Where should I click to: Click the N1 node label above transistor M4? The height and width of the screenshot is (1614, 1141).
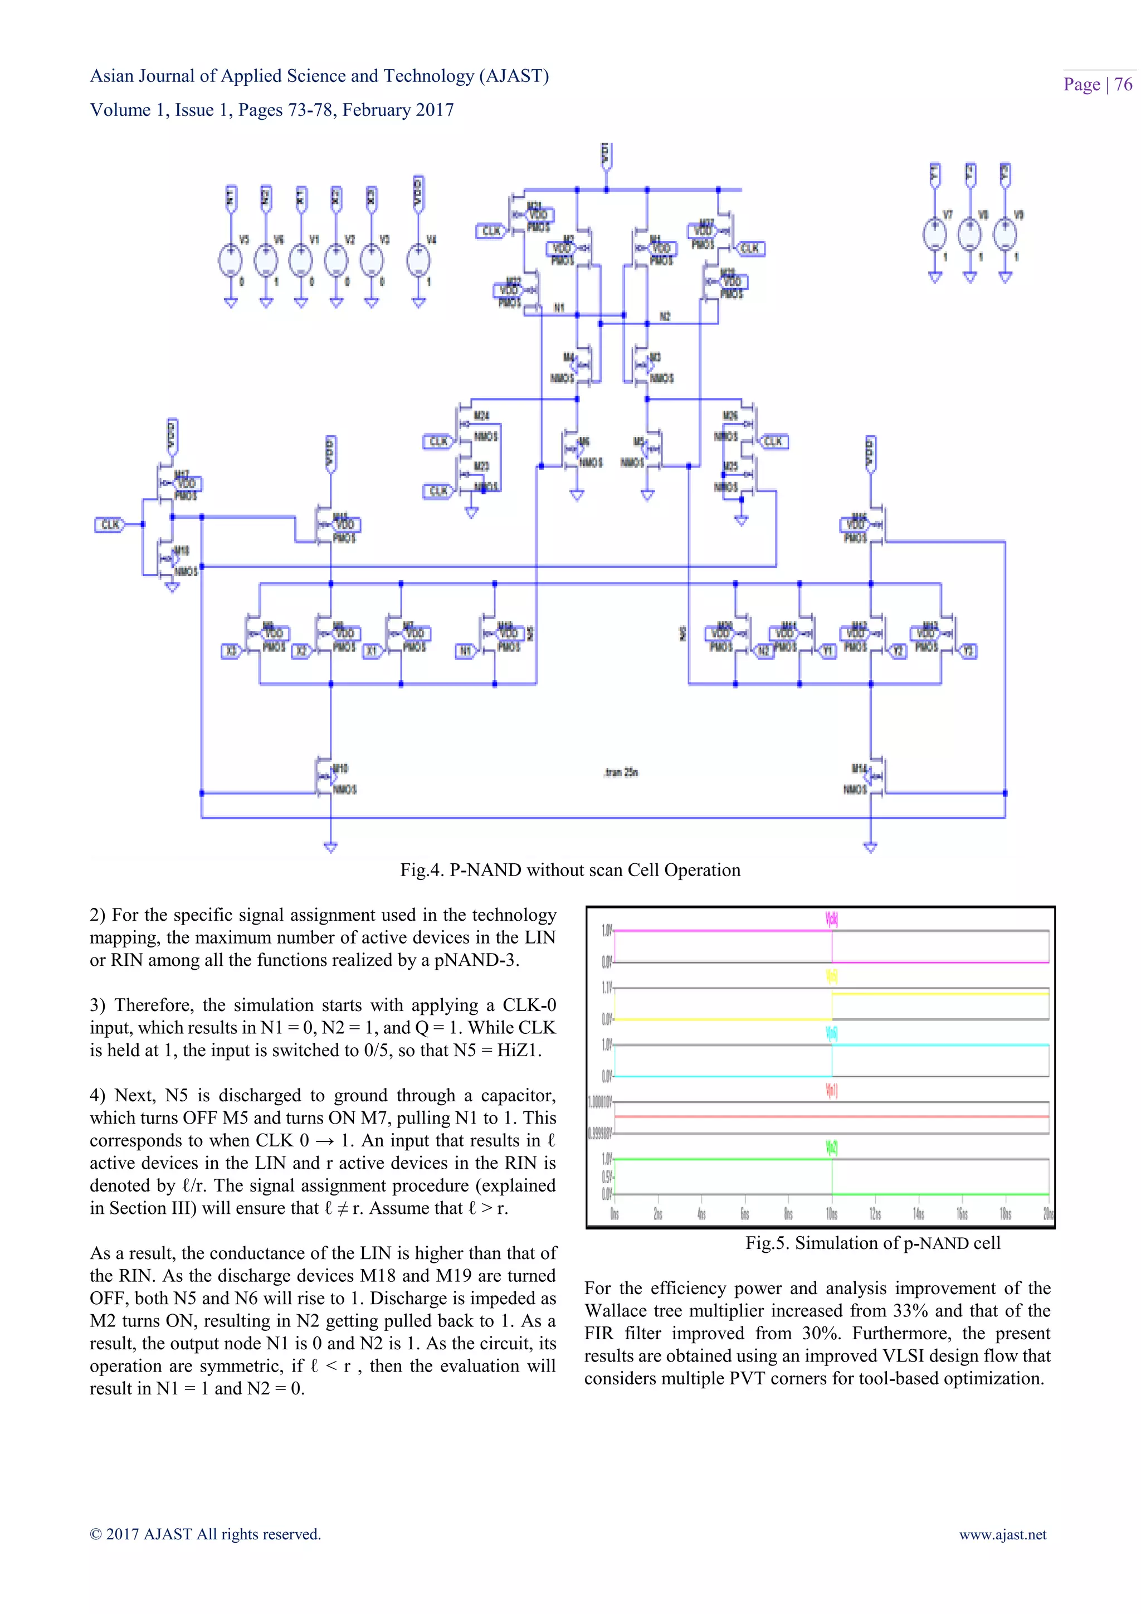(559, 308)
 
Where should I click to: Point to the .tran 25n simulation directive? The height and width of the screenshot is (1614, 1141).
(621, 772)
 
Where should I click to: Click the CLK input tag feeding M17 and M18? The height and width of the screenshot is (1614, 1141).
(110, 524)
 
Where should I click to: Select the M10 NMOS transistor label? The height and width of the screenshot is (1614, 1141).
(340, 769)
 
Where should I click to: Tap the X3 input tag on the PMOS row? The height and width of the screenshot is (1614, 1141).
(231, 651)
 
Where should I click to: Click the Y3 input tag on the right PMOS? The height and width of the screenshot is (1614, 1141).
(969, 651)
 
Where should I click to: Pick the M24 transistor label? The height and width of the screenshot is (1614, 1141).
(481, 416)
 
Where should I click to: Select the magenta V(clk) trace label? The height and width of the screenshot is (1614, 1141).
(831, 919)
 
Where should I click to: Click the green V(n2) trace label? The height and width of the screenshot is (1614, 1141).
(831, 1148)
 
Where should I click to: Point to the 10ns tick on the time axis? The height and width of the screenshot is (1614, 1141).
(831, 1214)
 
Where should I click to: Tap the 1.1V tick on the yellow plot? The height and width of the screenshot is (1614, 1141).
(606, 988)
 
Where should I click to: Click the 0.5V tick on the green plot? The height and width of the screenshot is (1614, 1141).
(606, 1177)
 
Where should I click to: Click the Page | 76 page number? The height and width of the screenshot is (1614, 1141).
(1097, 84)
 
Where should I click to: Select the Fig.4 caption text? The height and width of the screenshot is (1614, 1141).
(570, 871)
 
